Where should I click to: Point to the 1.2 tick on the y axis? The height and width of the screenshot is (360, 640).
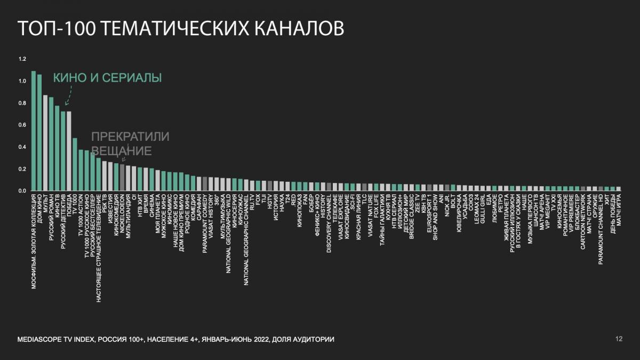(x=22, y=59)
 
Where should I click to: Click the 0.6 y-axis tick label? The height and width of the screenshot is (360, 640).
(x=22, y=125)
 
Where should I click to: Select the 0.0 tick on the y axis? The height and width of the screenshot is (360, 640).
(x=22, y=190)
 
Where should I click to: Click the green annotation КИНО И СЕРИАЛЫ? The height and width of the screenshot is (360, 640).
(x=107, y=78)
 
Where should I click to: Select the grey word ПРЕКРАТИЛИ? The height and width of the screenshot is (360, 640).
(x=131, y=137)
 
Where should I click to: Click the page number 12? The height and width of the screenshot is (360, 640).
(x=619, y=339)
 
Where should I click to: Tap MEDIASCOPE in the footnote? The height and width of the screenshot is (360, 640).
(x=39, y=339)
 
